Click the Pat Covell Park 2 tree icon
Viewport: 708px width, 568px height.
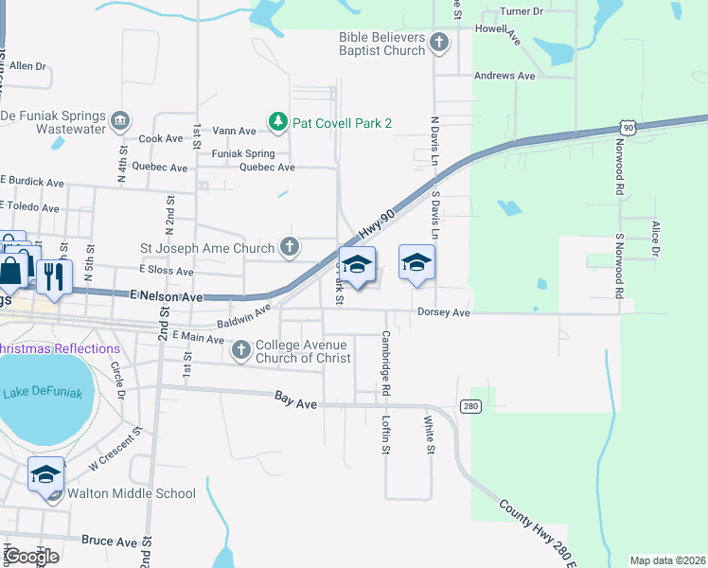[277, 121]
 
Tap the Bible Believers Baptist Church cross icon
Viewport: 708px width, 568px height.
[438, 42]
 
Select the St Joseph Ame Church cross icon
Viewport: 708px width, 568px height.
[291, 248]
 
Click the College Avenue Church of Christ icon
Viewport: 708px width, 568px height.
[241, 350]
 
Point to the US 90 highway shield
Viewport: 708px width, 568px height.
[628, 128]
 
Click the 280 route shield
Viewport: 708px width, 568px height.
[470, 406]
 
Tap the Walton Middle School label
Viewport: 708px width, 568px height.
[131, 493]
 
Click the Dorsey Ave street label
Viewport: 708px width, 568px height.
[444, 312]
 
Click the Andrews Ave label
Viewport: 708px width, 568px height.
[504, 76]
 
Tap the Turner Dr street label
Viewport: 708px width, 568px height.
[522, 11]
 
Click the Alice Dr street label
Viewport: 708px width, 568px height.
[654, 238]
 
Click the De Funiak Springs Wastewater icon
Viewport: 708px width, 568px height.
[120, 120]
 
